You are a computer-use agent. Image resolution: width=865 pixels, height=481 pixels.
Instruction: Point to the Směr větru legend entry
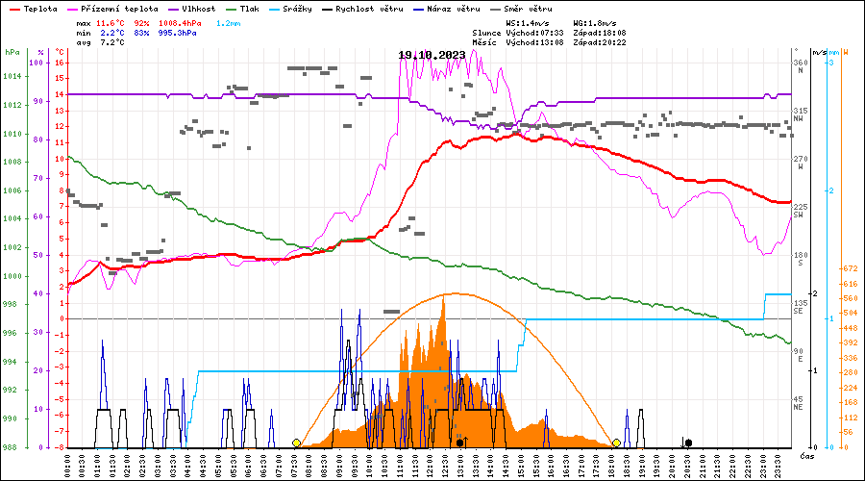[530, 9]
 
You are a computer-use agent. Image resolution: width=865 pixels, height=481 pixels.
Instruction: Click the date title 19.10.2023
[432, 55]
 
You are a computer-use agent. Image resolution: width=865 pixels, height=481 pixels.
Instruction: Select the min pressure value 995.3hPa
[178, 33]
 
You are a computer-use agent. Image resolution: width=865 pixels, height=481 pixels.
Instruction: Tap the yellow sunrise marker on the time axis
[296, 443]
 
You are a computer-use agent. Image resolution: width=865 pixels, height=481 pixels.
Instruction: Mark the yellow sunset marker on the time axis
[616, 443]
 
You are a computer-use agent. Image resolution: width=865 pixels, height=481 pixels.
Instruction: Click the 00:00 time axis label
[66, 463]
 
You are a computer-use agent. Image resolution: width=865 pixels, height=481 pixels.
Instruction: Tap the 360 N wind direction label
[800, 66]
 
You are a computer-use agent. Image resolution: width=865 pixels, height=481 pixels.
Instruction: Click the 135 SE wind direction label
[800, 307]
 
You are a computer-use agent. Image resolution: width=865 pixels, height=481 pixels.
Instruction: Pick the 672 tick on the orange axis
[849, 268]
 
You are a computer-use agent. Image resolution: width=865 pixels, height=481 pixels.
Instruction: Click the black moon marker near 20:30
[688, 443]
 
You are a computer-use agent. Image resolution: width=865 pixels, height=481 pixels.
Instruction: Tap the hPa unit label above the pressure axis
[12, 51]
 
